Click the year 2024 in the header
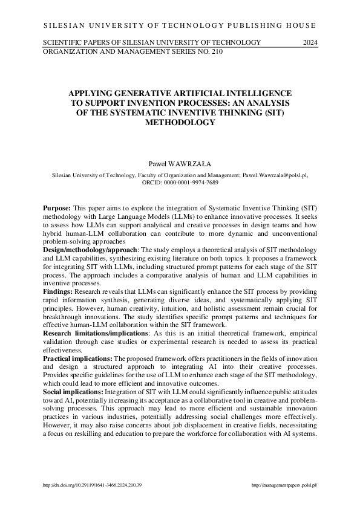coord(309,42)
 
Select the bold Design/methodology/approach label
coord(91,250)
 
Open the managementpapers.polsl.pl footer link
coord(284,485)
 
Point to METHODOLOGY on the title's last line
coord(180,122)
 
